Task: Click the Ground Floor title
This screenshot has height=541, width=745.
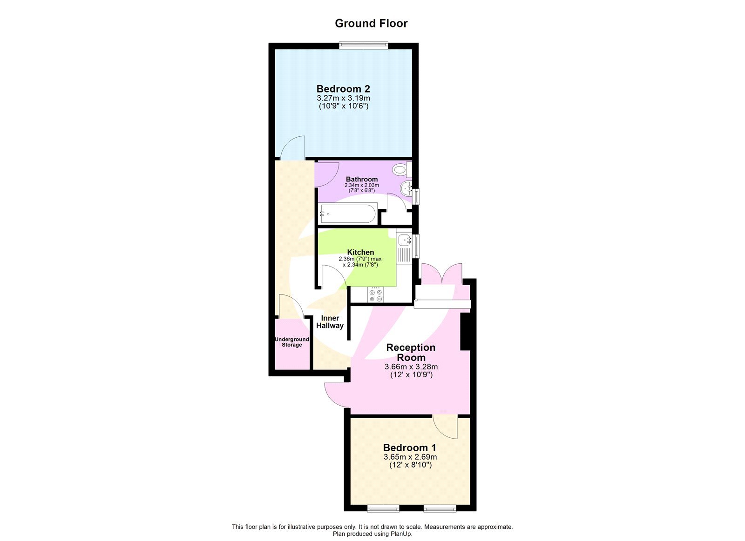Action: tap(371, 23)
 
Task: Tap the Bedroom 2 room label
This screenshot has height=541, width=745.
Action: tap(343, 88)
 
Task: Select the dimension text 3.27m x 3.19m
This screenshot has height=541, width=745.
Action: tap(343, 98)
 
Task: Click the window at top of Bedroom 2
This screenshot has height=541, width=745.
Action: tap(364, 45)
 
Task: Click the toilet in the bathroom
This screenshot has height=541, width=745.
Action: tap(400, 170)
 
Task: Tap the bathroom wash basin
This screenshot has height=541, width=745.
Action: tap(407, 188)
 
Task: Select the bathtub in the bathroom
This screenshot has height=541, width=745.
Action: tap(347, 214)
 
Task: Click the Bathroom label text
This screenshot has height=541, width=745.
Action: tap(362, 179)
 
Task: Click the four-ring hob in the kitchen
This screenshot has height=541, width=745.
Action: tap(375, 295)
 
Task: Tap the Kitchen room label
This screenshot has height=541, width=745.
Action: tap(360, 252)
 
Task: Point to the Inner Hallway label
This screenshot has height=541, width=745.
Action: tap(330, 322)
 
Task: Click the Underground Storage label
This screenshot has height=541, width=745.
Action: tap(292, 342)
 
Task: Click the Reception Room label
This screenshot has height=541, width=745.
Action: tap(411, 352)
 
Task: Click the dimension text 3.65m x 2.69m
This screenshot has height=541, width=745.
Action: tap(410, 457)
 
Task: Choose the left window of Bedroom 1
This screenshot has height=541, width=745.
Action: tap(383, 509)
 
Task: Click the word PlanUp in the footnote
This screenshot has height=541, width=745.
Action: tap(401, 534)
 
